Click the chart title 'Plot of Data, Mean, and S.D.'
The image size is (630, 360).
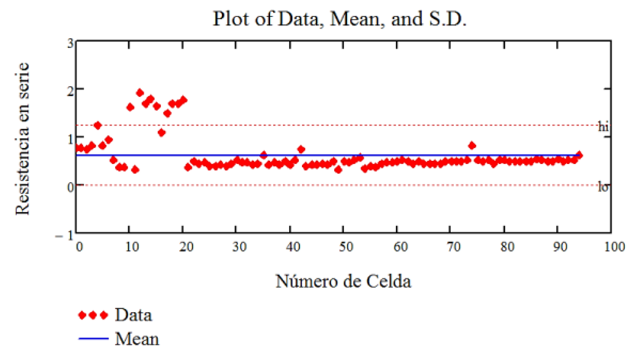click(x=339, y=18)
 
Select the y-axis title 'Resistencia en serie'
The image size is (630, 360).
click(x=23, y=138)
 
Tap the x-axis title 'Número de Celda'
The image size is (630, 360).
click(x=343, y=281)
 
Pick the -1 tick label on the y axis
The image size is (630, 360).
click(x=67, y=234)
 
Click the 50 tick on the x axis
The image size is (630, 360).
click(x=343, y=247)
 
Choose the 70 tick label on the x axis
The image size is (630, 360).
click(x=451, y=247)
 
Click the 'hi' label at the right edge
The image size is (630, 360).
click(x=603, y=127)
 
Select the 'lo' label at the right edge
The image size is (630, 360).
click(x=603, y=187)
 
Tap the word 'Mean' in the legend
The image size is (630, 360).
click(x=137, y=339)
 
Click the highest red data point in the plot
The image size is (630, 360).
click(x=140, y=93)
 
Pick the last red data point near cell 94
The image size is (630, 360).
click(x=579, y=155)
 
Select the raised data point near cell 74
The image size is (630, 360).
click(x=472, y=145)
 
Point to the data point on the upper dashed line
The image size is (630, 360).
click(x=98, y=126)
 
